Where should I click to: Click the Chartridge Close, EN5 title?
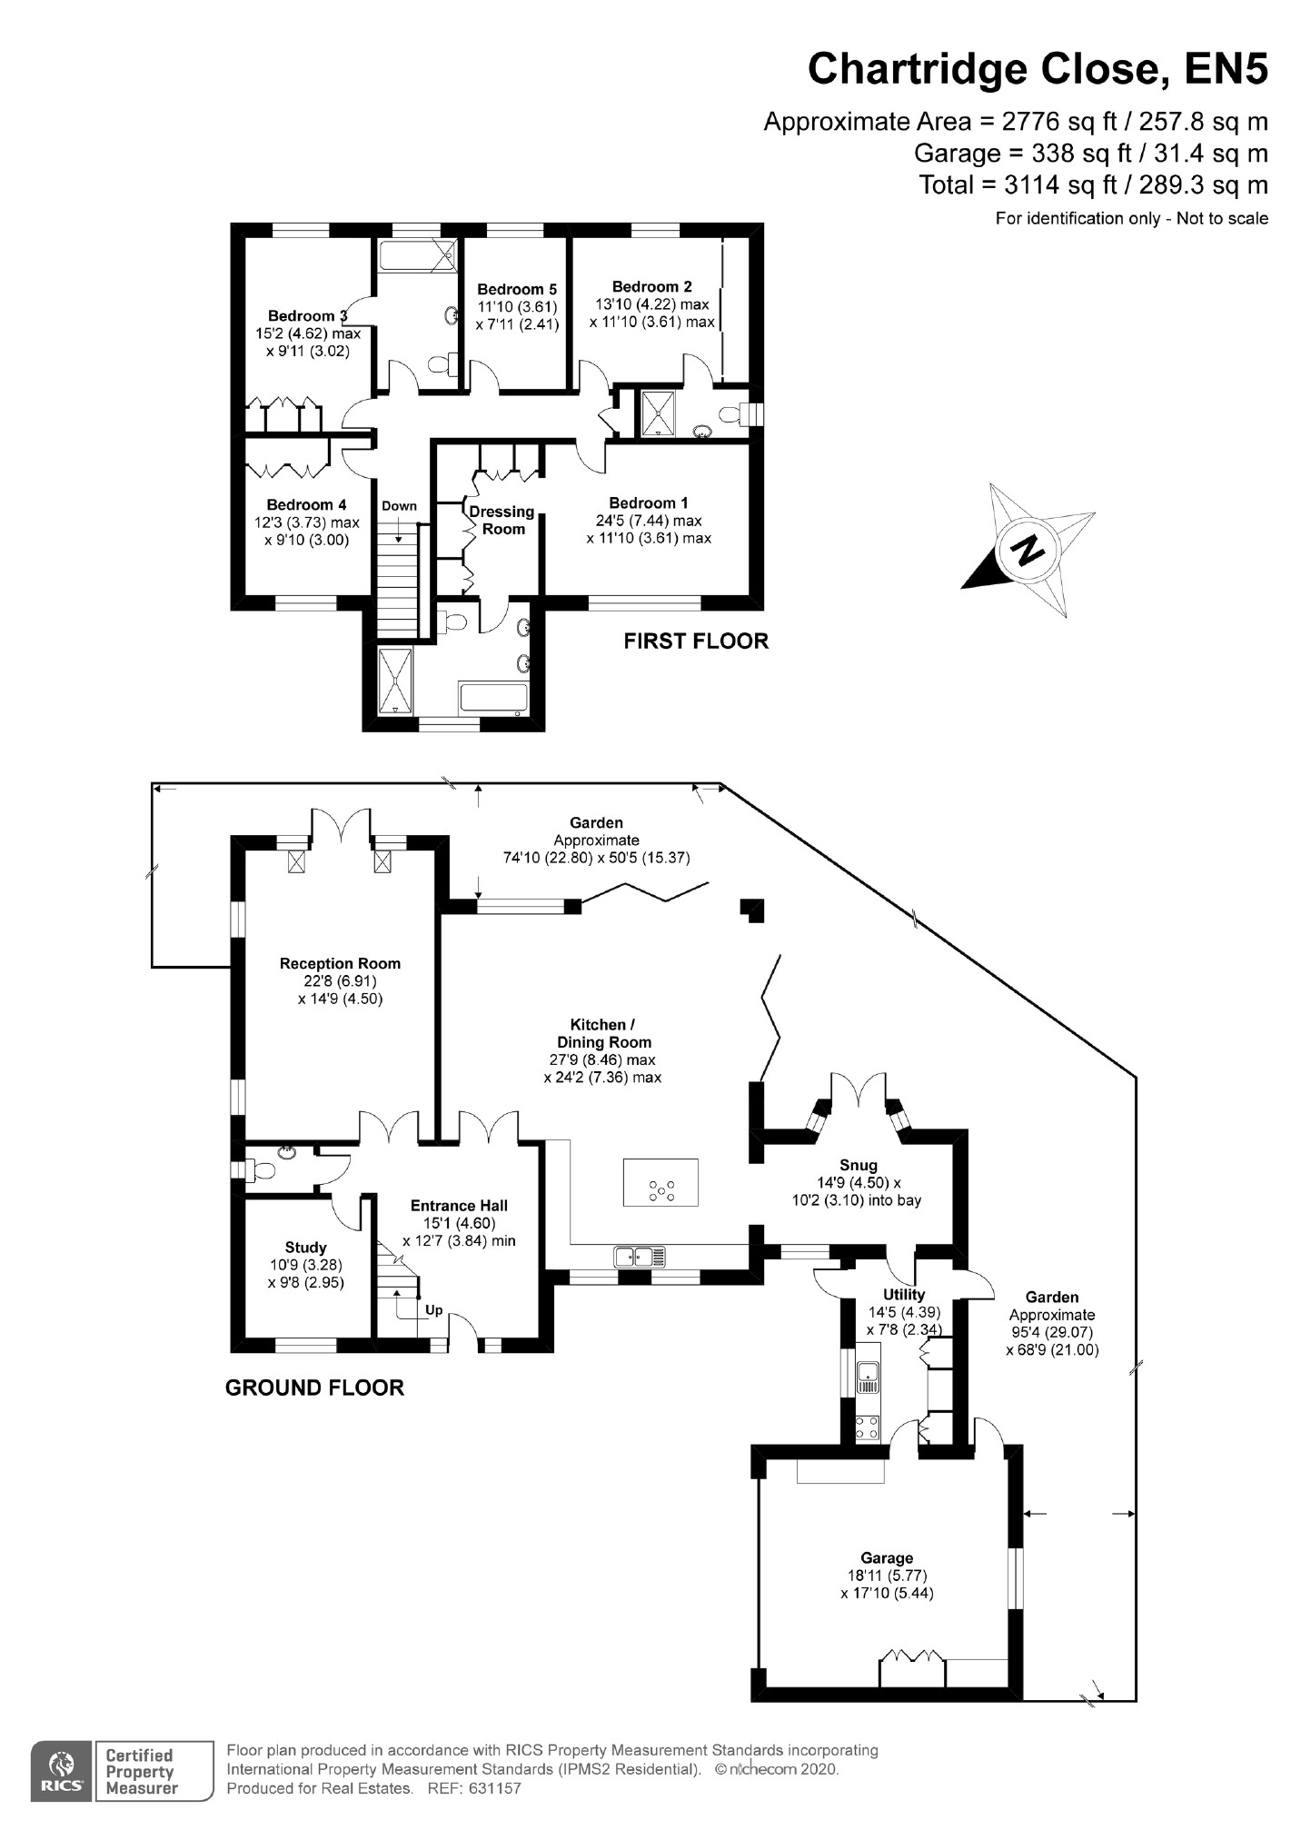[1038, 68]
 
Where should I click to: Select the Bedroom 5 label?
[516, 290]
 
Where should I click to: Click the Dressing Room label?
[502, 520]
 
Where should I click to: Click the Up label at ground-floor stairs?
[434, 1310]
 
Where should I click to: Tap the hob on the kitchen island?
[660, 1190]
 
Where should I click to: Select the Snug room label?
[859, 1165]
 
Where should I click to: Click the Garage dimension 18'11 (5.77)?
[887, 1576]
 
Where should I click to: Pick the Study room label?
[305, 1248]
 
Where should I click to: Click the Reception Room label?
[340, 963]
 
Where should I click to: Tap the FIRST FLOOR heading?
[696, 642]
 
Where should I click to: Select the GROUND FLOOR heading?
[314, 1387]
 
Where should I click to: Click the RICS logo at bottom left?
[61, 1770]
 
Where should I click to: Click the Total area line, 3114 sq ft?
[1093, 185]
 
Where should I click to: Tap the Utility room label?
[904, 1295]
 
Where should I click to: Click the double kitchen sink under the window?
[640, 1257]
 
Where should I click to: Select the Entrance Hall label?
[459, 1206]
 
